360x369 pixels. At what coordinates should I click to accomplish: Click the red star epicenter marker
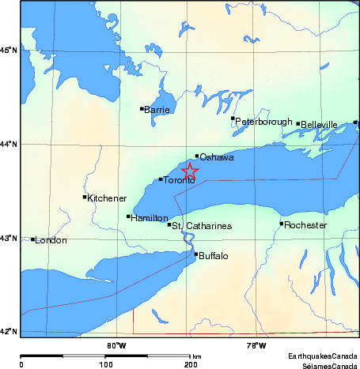point(190,171)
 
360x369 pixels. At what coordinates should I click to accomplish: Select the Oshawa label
point(216,158)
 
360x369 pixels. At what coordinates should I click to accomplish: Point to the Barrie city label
point(157,110)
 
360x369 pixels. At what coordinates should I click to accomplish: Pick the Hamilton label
point(150,217)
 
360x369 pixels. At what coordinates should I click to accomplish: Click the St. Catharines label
point(203,226)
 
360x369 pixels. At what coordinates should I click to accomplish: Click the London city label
point(51,240)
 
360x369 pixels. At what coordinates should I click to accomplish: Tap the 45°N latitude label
point(9,51)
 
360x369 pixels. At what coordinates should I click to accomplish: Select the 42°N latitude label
point(9,331)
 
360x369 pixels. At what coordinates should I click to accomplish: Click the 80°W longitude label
point(116,344)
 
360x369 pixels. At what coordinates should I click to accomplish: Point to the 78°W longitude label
point(256,344)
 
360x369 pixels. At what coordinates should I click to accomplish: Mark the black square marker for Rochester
point(281,224)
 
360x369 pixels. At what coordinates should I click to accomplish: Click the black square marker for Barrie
point(142,108)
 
